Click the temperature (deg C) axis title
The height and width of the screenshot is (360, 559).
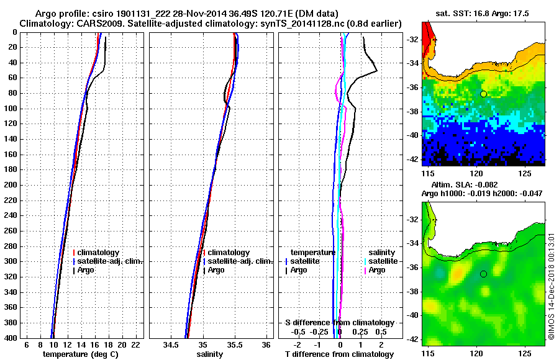(x=80, y=354)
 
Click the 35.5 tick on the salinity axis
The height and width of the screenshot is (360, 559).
(x=234, y=344)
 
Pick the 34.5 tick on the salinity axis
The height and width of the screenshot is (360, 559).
(x=171, y=344)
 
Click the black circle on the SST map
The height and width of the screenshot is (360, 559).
(x=483, y=94)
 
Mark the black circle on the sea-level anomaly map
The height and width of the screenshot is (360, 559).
(x=483, y=274)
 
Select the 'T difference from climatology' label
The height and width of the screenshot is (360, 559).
(x=339, y=354)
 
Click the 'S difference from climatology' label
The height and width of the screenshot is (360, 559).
(x=339, y=323)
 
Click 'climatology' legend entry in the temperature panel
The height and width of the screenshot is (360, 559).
(x=100, y=253)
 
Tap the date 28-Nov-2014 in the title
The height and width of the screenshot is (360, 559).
(x=195, y=13)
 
